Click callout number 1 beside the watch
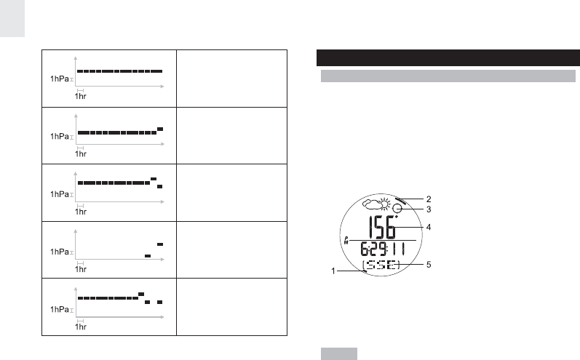tap(333, 271)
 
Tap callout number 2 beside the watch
tap(429, 199)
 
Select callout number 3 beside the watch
tap(429, 209)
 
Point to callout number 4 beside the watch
tap(429, 227)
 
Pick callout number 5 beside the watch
tap(429, 265)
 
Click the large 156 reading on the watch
tap(382, 227)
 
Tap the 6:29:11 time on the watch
tap(383, 249)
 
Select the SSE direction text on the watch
tap(381, 265)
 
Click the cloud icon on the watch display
tap(371, 204)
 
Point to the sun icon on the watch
tap(385, 204)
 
